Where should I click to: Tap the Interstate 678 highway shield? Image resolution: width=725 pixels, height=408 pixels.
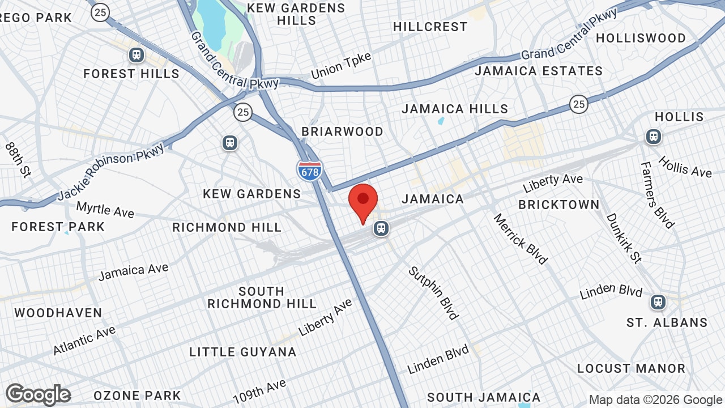tap(309, 169)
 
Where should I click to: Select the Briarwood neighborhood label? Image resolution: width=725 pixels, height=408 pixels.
tap(342, 131)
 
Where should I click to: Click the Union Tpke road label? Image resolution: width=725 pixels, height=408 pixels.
tap(341, 66)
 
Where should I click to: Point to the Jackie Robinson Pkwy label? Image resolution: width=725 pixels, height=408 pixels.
tap(110, 171)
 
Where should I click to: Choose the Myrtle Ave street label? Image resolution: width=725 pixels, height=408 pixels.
tap(105, 209)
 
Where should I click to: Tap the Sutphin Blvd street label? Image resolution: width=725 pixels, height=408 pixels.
tap(433, 293)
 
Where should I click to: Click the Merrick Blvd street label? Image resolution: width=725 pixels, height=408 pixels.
tap(520, 239)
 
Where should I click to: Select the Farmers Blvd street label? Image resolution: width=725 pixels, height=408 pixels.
tap(658, 195)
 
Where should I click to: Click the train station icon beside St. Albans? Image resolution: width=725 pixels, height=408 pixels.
tap(658, 301)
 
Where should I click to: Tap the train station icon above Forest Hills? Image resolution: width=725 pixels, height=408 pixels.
tap(136, 55)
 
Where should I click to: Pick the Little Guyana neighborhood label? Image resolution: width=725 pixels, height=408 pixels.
tap(243, 352)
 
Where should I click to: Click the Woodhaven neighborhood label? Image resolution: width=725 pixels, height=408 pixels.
tap(58, 313)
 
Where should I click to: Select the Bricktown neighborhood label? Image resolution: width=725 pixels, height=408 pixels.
tap(558, 205)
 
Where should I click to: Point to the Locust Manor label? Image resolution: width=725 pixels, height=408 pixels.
tap(631, 368)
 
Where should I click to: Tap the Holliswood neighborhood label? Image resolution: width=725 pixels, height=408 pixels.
tap(641, 38)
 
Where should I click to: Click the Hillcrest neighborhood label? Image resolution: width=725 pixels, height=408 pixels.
tap(430, 27)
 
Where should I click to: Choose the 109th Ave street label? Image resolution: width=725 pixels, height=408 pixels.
tap(259, 391)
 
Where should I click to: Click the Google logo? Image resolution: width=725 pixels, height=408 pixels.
tap(38, 394)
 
